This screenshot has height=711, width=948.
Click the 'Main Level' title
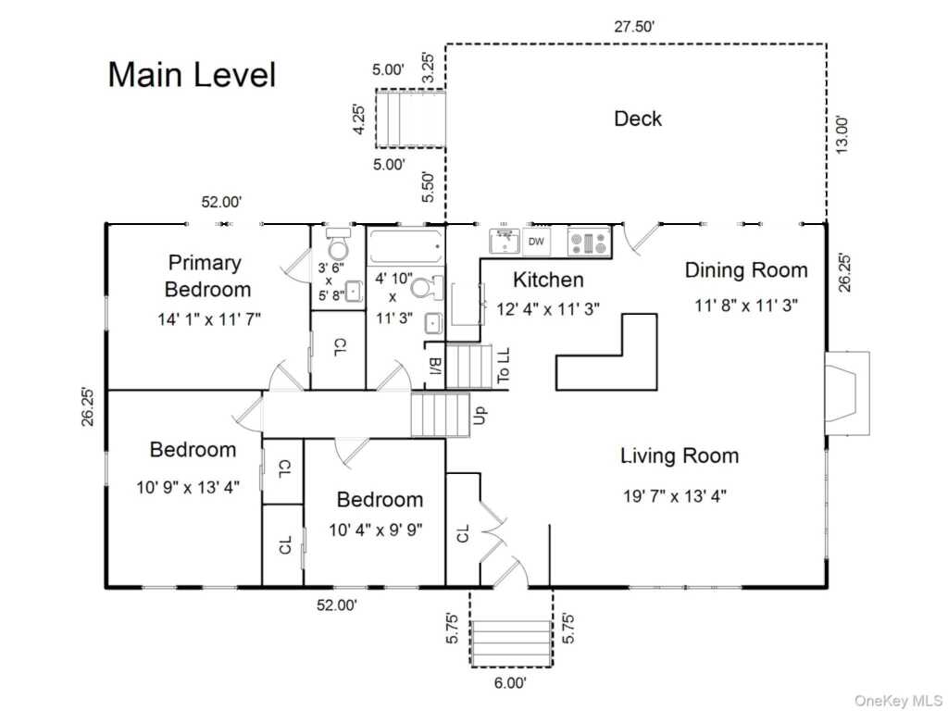pos(192,75)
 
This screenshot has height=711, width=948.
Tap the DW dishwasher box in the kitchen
pos(536,242)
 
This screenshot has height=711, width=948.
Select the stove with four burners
pos(589,242)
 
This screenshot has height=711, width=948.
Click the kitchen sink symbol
pos(505,242)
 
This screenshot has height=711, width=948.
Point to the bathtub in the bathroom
pos(405,246)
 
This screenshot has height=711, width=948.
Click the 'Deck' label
pos(638,118)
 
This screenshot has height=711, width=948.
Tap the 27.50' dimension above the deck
pos(635,27)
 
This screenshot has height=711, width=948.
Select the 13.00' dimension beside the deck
pos(842,135)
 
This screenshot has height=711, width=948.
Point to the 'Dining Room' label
pos(746,269)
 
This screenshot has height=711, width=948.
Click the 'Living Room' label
pos(680,455)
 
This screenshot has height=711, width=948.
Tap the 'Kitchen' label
pos(548,280)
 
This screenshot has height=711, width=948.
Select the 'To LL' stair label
pos(503,365)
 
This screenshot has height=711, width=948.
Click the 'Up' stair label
pos(479,416)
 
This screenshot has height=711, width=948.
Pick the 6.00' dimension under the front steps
pos(510,683)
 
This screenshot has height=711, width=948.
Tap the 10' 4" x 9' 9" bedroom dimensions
pos(376,530)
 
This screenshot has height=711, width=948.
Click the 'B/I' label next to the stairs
pos(435,367)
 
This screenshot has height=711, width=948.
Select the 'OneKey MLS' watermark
pos(898,701)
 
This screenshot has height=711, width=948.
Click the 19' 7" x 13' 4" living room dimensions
pos(675,496)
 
